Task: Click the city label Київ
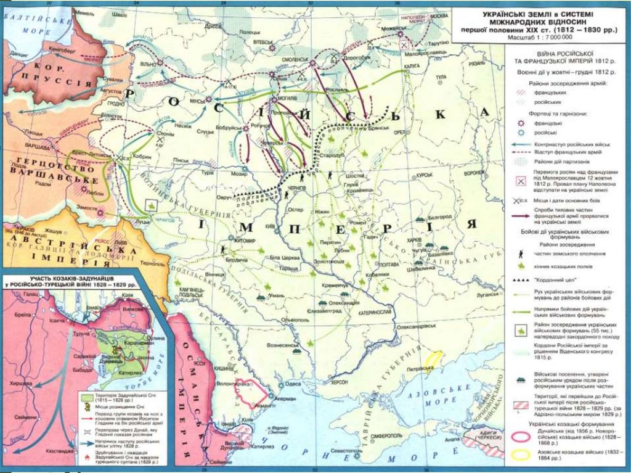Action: pyautogui.click(x=269, y=227)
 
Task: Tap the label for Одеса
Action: pyautogui.click(x=293, y=384)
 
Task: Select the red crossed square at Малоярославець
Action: pyautogui.click(x=404, y=45)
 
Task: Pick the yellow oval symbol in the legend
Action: pyautogui.click(x=521, y=456)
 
